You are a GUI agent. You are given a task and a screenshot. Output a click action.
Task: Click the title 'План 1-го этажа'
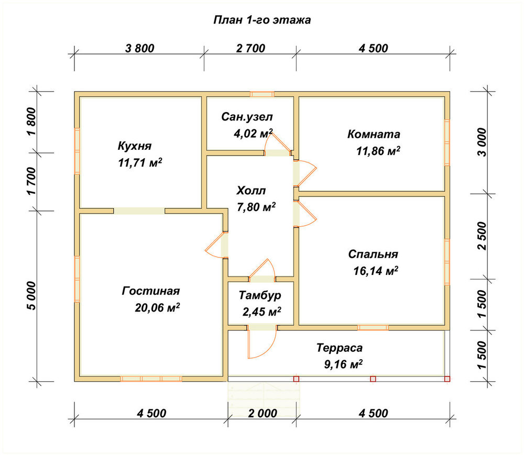pyautogui.click(x=262, y=20)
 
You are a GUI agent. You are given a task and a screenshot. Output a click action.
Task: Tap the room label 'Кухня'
pyautogui.click(x=135, y=146)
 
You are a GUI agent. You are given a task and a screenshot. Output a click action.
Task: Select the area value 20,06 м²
pyautogui.click(x=157, y=307)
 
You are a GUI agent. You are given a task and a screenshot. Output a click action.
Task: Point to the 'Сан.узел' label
pyautogui.click(x=247, y=117)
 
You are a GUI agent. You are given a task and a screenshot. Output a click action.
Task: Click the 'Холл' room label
pyautogui.click(x=251, y=191)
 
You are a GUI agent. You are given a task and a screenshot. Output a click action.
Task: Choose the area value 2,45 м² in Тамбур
pyautogui.click(x=261, y=312)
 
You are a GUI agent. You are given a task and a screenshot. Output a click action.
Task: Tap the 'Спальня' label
pyautogui.click(x=373, y=254)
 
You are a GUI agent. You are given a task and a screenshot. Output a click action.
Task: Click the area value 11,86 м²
pyautogui.click(x=378, y=151)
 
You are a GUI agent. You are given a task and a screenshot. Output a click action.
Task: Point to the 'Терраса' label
pyautogui.click(x=340, y=348)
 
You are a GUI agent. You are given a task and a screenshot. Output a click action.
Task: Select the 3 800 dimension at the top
pyautogui.click(x=140, y=48)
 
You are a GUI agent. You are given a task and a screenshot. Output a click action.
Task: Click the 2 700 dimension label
pyautogui.click(x=250, y=48)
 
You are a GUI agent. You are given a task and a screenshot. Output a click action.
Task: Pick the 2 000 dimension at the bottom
pyautogui.click(x=263, y=413)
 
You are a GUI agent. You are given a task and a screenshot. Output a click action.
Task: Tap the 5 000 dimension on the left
pyautogui.click(x=31, y=296)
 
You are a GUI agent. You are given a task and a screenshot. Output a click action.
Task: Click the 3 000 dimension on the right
pyautogui.click(x=482, y=142)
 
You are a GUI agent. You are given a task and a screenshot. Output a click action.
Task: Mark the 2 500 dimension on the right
pyautogui.click(x=482, y=236)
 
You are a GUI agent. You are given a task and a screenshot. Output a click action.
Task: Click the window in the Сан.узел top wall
pyautogui.click(x=263, y=94)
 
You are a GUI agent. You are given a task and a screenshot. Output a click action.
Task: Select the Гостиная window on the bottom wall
pyautogui.click(x=151, y=379)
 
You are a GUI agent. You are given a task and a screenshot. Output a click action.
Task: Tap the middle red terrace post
pyautogui.click(x=373, y=379)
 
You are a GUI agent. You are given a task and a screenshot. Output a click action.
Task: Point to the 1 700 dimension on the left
pyautogui.click(x=31, y=182)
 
